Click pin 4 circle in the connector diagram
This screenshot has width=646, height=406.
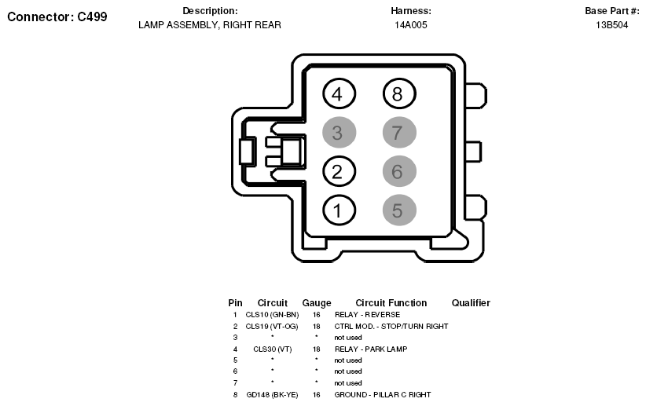339,94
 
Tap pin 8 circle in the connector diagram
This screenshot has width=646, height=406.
399,94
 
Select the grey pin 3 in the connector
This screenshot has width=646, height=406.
339,133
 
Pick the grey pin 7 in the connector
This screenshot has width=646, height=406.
399,133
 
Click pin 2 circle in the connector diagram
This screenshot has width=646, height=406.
339,171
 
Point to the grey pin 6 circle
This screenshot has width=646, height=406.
399,171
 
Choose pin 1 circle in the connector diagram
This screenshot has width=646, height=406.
339,210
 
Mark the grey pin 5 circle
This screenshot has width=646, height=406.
399,210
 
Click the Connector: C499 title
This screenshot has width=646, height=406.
57,16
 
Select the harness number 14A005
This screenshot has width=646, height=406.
411,25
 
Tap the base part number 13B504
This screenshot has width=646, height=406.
611,25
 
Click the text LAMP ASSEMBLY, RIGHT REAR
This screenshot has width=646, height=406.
210,25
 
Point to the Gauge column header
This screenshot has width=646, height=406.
317,303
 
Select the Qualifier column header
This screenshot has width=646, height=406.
471,303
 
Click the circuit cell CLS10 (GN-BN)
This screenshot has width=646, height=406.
273,315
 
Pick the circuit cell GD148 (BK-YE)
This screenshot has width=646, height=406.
273,394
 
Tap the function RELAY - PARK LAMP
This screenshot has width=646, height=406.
371,349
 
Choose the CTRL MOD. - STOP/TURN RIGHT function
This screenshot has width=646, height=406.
391,327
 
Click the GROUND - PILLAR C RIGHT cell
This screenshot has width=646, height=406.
383,394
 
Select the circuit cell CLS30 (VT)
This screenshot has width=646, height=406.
273,349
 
